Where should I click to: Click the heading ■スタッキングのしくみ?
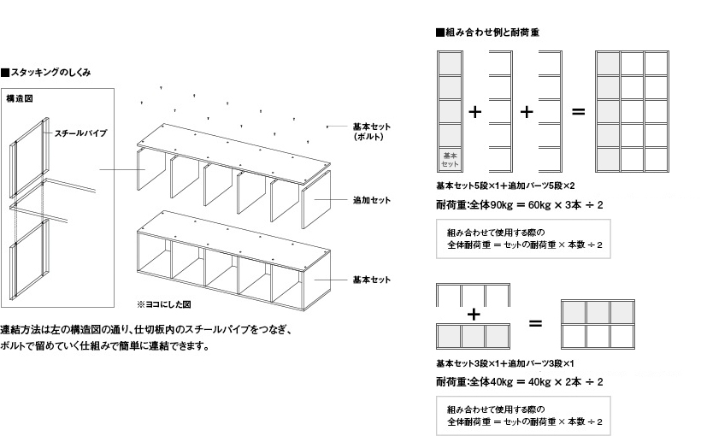(x=46, y=74)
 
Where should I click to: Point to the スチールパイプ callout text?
(x=80, y=134)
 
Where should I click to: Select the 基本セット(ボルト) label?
(x=371, y=132)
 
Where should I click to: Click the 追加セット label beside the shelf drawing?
(x=371, y=199)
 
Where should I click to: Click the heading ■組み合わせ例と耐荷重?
(x=486, y=32)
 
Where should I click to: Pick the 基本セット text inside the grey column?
(x=451, y=159)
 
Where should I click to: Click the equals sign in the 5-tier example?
(x=578, y=112)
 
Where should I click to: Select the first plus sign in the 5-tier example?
(x=475, y=112)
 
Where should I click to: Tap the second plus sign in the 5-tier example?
(x=527, y=112)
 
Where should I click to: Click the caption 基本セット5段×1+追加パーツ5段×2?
(x=505, y=185)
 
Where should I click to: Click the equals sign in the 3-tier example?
(x=535, y=323)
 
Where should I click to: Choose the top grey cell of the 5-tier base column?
(x=450, y=62)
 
